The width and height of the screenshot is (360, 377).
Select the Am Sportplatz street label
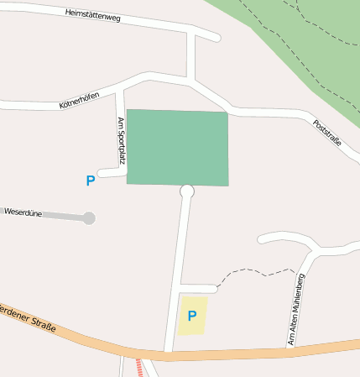tap(121, 139)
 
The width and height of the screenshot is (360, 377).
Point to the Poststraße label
tap(326, 133)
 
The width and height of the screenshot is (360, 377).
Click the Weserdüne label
tap(23, 212)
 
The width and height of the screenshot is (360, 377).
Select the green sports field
tap(178, 147)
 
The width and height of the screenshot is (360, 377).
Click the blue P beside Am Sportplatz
tap(91, 181)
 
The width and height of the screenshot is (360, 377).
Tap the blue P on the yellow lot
tap(192, 317)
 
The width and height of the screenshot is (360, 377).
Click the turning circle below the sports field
tap(187, 191)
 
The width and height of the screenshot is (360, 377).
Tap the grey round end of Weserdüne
tap(89, 218)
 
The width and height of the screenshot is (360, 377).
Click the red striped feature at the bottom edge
tap(138, 368)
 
